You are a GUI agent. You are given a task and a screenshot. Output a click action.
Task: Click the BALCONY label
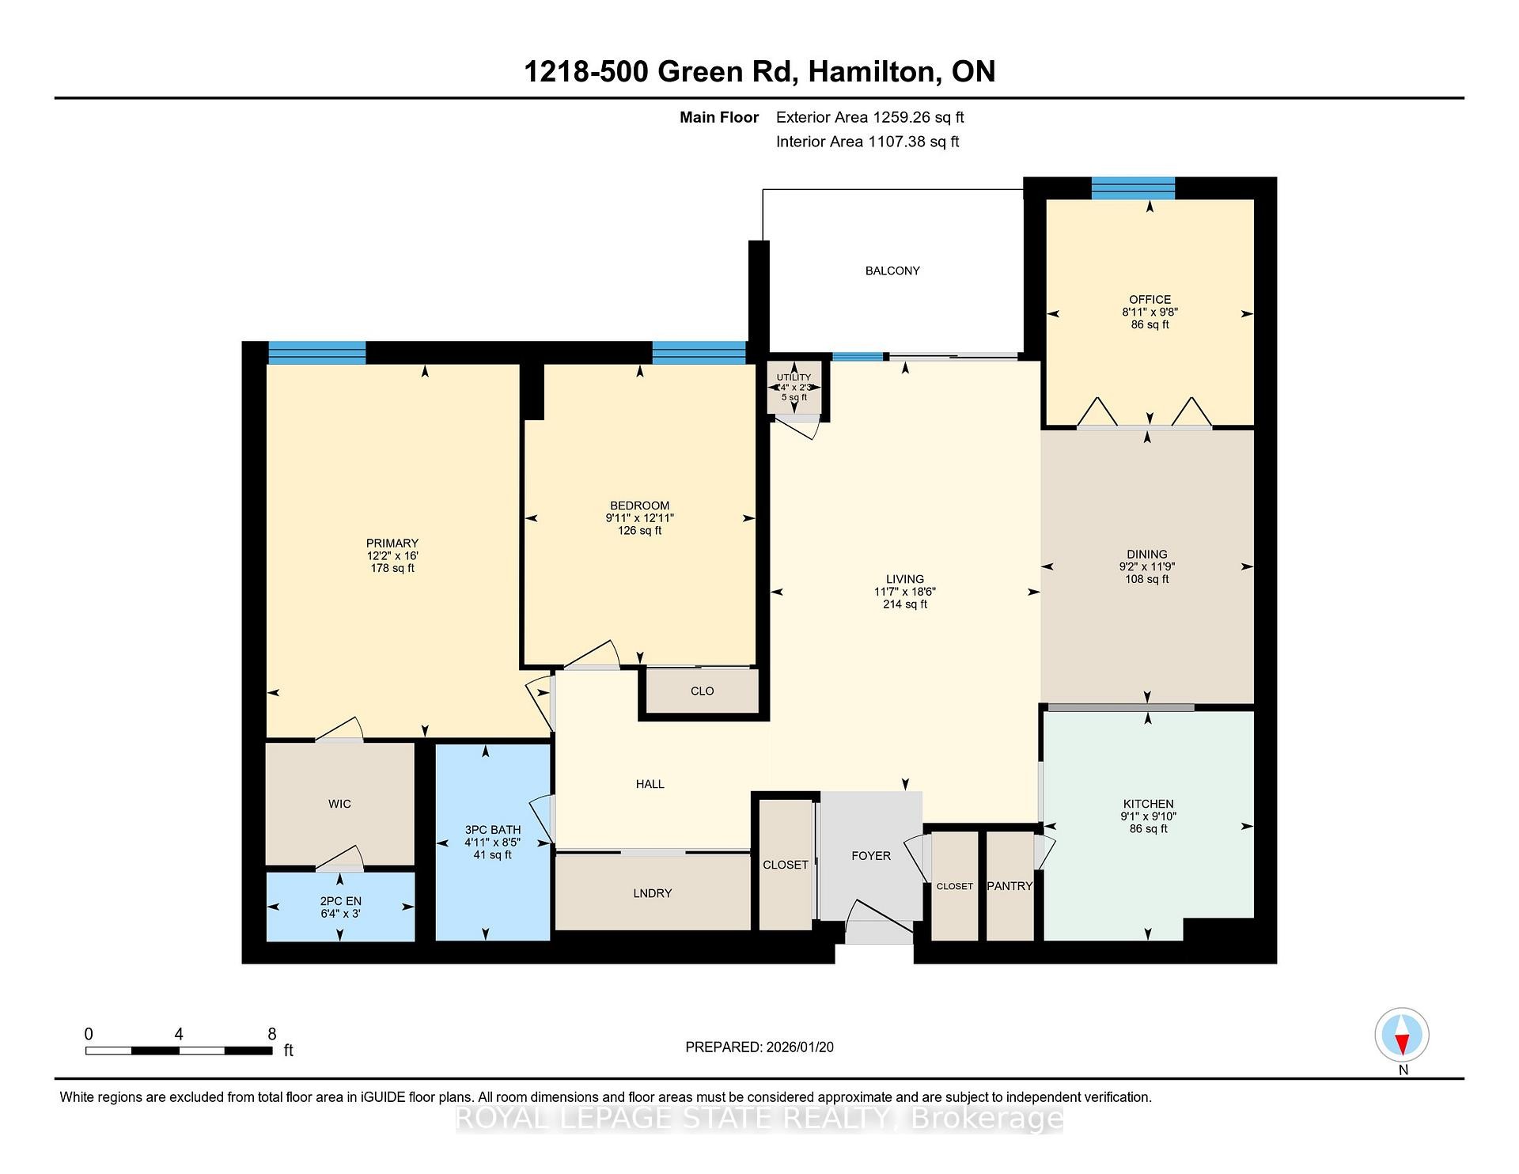tap(892, 271)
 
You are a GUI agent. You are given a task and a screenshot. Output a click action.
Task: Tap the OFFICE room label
tap(1150, 299)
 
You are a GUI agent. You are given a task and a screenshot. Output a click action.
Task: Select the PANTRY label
tap(1010, 886)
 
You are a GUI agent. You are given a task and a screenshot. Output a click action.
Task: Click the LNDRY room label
tap(653, 893)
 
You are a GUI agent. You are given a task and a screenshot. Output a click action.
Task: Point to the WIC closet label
tap(339, 804)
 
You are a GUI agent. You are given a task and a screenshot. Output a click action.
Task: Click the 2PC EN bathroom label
tap(340, 901)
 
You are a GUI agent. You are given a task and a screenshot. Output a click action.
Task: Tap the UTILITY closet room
tap(794, 387)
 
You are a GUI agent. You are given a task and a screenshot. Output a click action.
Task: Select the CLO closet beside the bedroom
tap(702, 691)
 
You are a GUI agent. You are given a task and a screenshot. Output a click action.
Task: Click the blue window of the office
tap(1133, 188)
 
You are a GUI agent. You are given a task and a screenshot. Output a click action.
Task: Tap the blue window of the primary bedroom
tap(316, 352)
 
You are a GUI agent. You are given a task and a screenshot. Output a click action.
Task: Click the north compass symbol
tap(1402, 1035)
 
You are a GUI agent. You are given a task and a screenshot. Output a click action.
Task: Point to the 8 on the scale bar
tap(271, 1034)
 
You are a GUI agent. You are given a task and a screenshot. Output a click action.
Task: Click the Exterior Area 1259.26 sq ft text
tap(869, 117)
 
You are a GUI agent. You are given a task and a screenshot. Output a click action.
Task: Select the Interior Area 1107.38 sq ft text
tap(867, 142)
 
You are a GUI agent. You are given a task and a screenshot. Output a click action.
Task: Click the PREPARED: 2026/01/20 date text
tap(759, 1047)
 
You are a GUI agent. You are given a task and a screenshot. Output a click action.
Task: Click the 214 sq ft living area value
tap(905, 604)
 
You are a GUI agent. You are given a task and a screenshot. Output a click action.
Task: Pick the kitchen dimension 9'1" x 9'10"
tap(1148, 816)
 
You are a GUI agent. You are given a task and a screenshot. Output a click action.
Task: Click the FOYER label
tap(870, 856)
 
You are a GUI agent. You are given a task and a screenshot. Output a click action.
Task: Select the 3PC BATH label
tap(493, 830)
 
